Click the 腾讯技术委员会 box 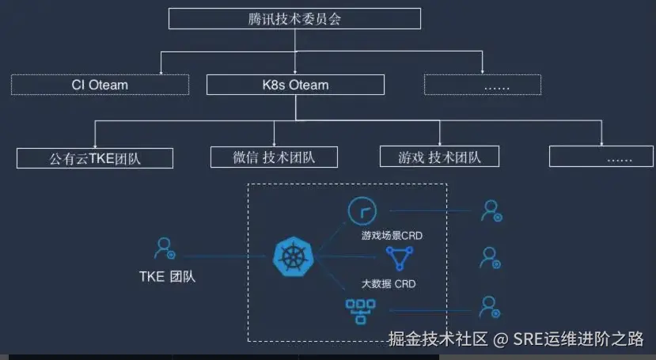point(295,18)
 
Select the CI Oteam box point(100,85)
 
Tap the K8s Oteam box point(295,85)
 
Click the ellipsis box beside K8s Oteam point(482,85)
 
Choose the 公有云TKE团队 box point(95,157)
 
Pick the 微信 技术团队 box point(274,157)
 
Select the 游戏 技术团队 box point(440,157)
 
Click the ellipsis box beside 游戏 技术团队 point(602,157)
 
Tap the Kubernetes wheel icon point(289,256)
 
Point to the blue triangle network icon point(399,258)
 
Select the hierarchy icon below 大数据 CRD point(359,310)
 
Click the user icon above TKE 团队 point(165,248)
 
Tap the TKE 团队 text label point(166,276)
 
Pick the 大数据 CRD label point(389,283)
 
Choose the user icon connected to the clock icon point(491,210)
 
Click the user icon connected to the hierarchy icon point(491,306)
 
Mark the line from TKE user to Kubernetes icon point(222,256)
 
